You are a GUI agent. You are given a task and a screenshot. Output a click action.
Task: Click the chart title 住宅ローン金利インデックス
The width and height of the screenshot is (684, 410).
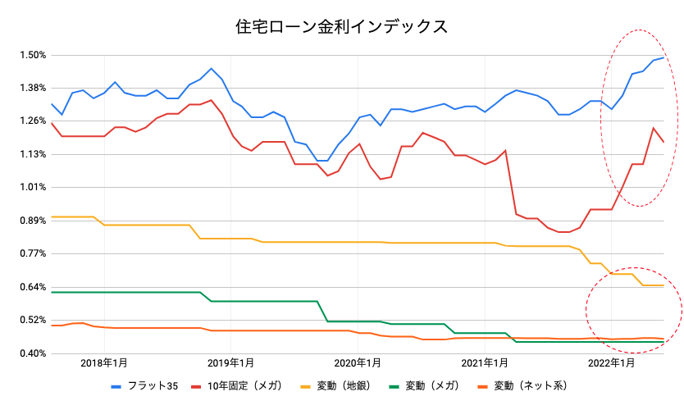tap(341, 26)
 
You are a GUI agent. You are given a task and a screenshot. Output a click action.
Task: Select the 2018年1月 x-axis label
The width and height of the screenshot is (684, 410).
tap(104, 362)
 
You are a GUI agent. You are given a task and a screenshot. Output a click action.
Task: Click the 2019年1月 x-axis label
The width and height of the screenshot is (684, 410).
tap(230, 362)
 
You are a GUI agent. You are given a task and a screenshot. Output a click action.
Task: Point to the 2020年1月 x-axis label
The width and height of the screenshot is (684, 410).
tap(358, 362)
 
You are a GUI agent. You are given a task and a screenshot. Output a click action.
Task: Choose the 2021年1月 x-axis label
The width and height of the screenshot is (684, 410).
tap(484, 362)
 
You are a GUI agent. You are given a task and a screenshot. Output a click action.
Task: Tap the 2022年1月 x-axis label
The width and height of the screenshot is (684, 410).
tap(611, 362)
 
